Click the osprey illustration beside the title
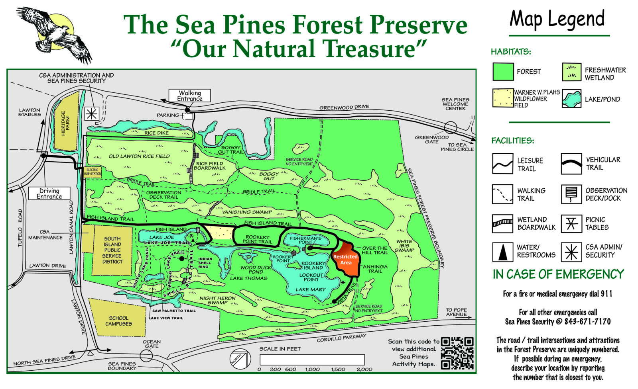click(x=56, y=34)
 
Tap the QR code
click(x=457, y=353)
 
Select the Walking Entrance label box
click(x=189, y=96)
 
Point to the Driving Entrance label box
click(x=49, y=194)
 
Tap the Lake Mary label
click(x=311, y=289)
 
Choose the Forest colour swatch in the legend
click(x=503, y=72)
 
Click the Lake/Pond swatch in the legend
click(x=571, y=99)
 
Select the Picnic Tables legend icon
click(x=571, y=223)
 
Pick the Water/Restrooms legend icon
click(x=502, y=252)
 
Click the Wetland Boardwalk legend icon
click(x=502, y=223)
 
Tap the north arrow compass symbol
click(x=239, y=357)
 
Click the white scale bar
click(x=312, y=360)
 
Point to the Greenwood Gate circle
click(x=451, y=128)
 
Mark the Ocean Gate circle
click(x=146, y=356)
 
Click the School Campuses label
click(x=118, y=321)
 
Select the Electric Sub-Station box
click(x=93, y=172)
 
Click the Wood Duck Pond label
click(x=255, y=270)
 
